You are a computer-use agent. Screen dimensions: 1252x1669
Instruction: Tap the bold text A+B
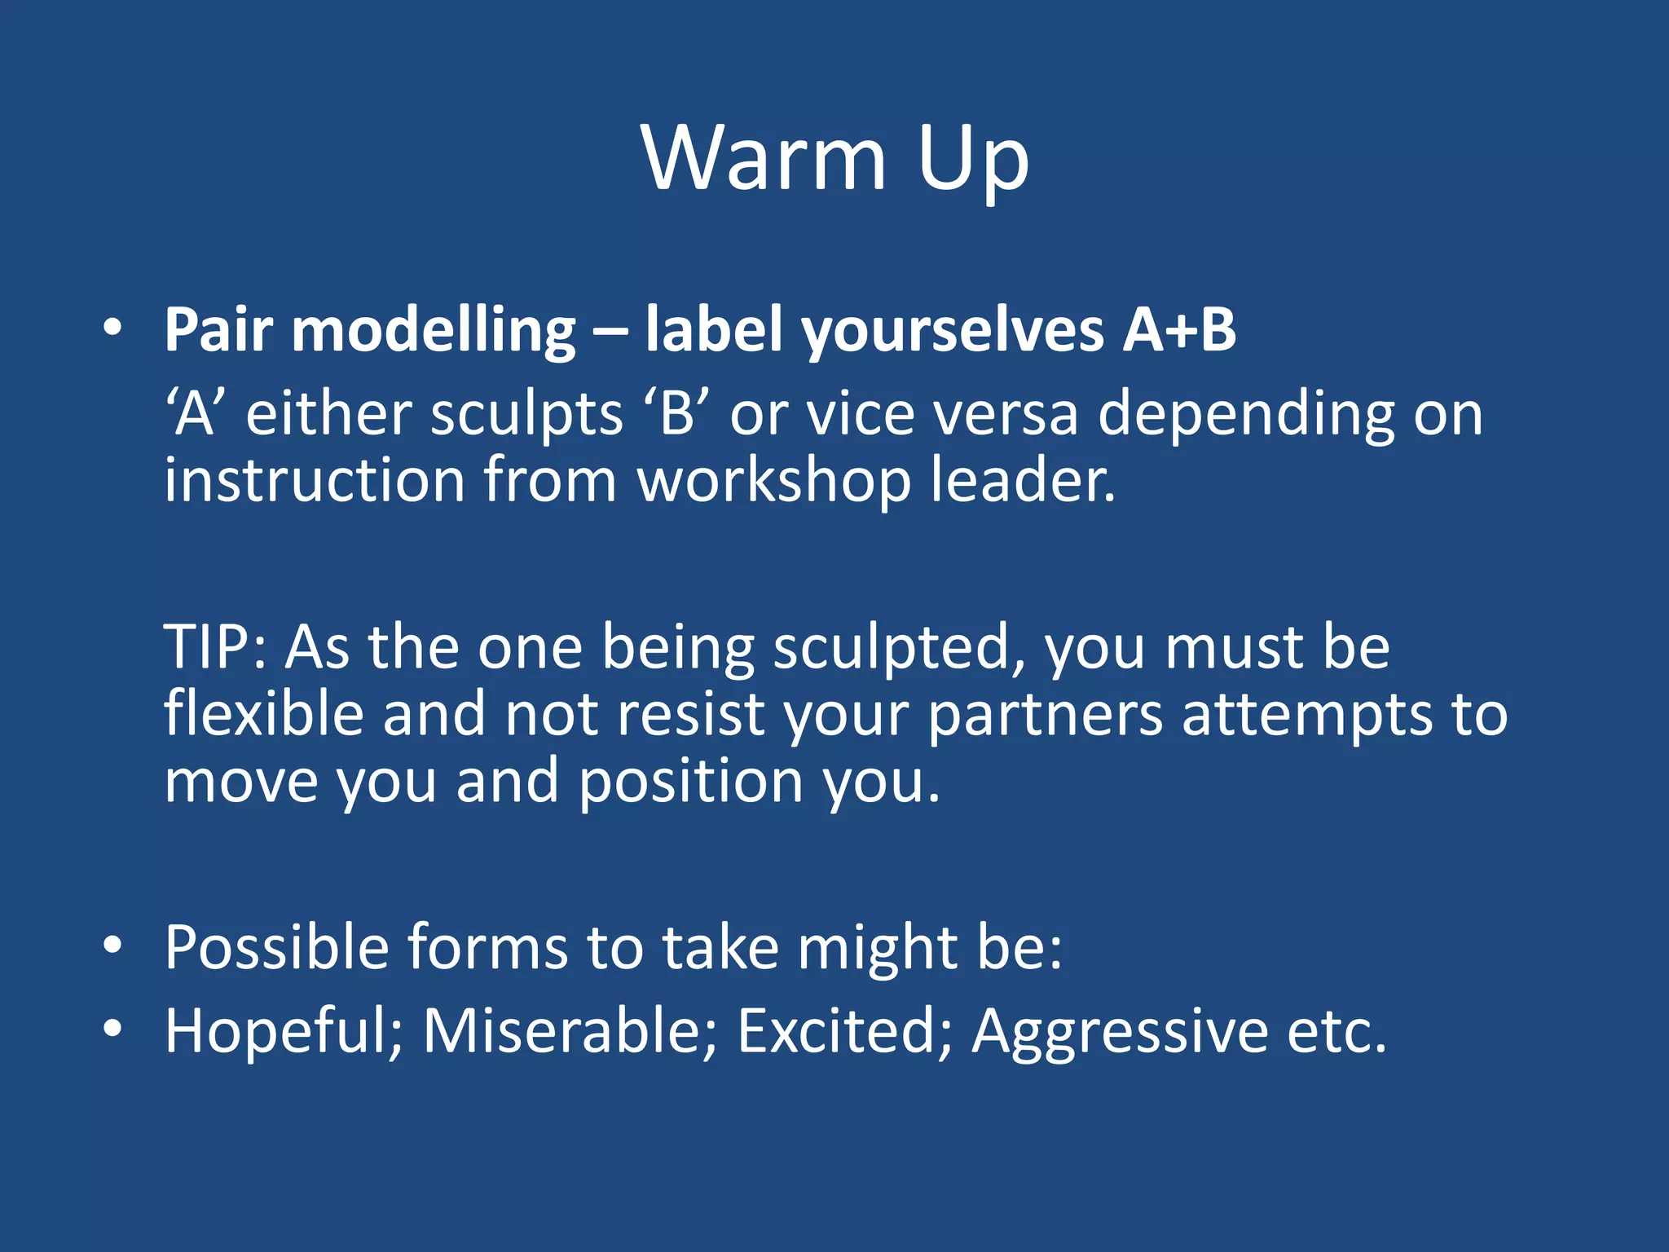coord(1178,330)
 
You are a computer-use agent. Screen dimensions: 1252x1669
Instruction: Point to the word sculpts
coord(526,415)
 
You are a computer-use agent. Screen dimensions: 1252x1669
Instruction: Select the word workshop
coord(773,481)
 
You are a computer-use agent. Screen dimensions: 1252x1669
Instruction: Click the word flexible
coord(263,714)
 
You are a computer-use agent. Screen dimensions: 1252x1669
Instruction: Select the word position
coord(691,781)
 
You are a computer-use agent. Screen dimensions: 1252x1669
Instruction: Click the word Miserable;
coord(570,1031)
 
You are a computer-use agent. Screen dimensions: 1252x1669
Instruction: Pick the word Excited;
coord(844,1031)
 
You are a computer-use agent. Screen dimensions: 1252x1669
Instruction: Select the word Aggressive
coord(1120,1031)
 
